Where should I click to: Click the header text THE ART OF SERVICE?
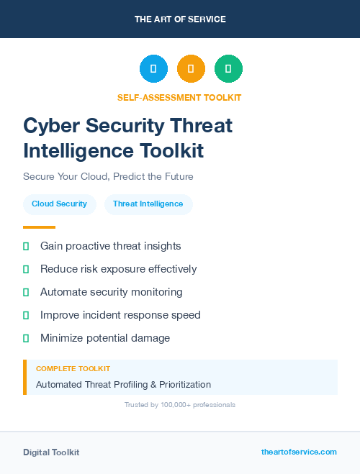180,19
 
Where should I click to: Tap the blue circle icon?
153,69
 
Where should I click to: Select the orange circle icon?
191,69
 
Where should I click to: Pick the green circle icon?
228,69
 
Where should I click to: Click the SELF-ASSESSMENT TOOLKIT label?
179,97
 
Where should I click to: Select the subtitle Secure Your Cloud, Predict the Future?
108,176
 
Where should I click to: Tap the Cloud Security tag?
59,204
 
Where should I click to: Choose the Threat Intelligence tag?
148,204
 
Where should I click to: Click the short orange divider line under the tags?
39,227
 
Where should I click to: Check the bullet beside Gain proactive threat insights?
26,247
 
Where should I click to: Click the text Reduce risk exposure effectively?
118,269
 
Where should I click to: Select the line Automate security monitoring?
111,292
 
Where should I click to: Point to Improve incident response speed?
120,315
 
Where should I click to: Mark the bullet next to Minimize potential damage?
26,338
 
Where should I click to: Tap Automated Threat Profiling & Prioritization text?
123,385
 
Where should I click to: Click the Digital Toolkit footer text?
51,452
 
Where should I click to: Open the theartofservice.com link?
299,452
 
